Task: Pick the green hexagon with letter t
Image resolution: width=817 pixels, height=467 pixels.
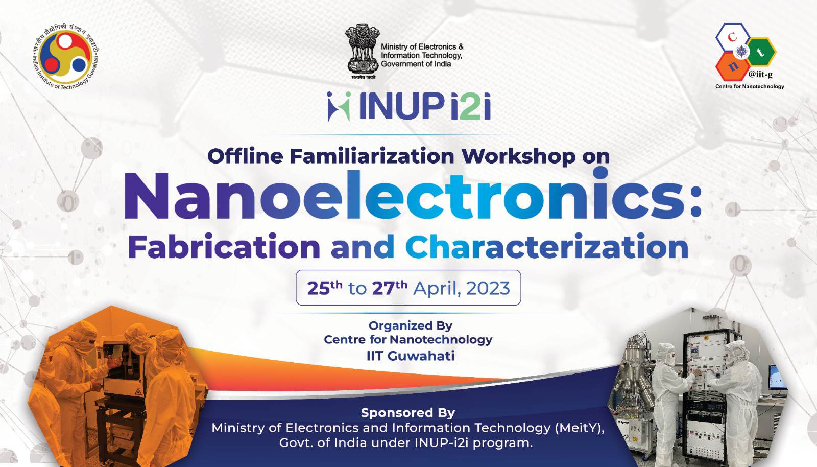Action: [x=761, y=52]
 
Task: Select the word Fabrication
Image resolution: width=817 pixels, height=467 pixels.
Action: [x=224, y=247]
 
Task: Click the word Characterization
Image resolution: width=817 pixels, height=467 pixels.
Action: [x=547, y=247]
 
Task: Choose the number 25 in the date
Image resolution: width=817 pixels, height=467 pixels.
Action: [x=319, y=289]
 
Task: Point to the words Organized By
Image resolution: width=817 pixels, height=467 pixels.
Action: [x=411, y=325]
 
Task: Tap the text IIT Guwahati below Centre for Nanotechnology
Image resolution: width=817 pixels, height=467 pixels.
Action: [x=411, y=356]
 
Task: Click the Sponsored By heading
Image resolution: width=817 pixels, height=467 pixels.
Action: [x=408, y=413]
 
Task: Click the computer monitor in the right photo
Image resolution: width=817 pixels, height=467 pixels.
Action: [x=777, y=377]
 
